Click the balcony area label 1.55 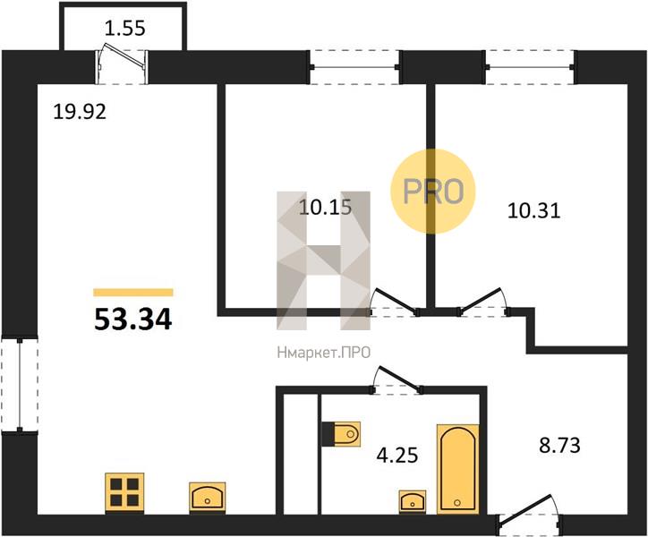pos(124,29)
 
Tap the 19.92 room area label pos(80,112)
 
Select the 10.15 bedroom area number pos(325,207)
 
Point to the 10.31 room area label pos(533,211)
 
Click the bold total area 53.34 pos(133,320)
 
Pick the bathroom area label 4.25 pos(397,456)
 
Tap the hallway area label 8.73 pos(559,446)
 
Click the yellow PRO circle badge pos(432,191)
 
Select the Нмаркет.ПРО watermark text pos(324,353)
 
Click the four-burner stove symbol pos(124,492)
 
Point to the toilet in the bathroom pos(341,434)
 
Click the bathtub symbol pos(458,469)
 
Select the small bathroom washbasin pos(413,500)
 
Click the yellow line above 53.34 pos(133,293)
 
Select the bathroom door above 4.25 pos(396,379)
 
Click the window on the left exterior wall pos(20,385)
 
